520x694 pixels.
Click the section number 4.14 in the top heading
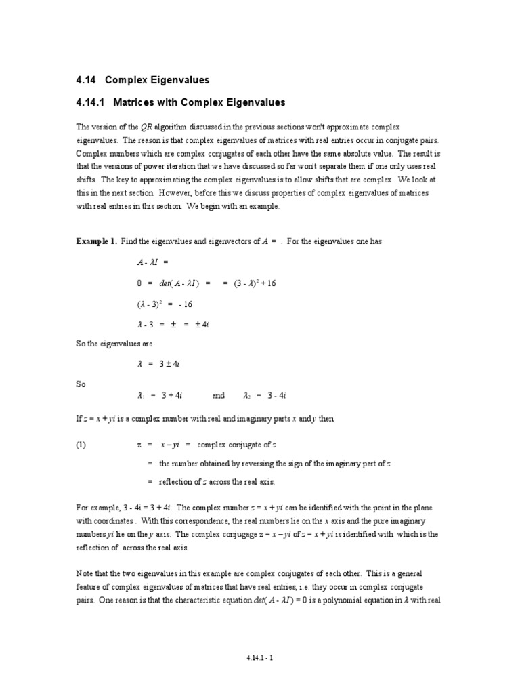coord(87,80)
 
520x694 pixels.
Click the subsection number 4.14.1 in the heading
coord(91,103)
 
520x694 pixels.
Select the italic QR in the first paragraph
coord(146,127)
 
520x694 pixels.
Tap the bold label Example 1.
coord(96,242)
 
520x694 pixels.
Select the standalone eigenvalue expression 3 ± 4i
coord(169,364)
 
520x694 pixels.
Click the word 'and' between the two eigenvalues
coord(218,396)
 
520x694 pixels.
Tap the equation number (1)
coord(82,445)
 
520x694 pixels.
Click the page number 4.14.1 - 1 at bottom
coord(260,657)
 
